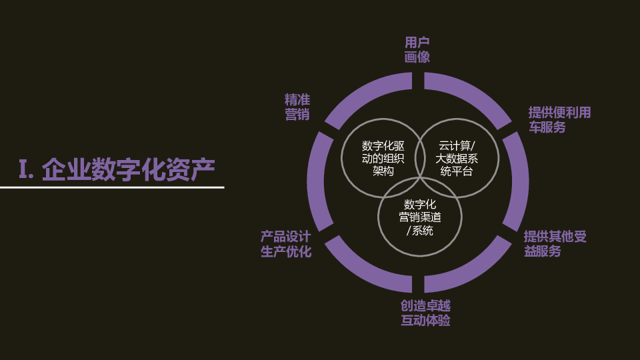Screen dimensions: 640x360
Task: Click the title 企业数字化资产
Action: [128, 169]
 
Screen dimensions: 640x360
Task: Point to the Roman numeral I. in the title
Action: [26, 169]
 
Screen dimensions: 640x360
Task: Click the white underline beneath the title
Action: [112, 188]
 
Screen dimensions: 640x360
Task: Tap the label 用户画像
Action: [417, 50]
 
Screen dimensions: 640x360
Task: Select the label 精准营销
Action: [297, 107]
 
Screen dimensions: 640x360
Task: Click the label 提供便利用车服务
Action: [559, 119]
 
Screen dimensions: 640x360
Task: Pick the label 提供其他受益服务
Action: [555, 244]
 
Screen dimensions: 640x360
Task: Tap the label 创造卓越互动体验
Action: [425, 313]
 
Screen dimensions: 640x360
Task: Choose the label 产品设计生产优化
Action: [286, 244]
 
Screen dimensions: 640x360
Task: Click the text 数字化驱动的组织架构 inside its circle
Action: [383, 159]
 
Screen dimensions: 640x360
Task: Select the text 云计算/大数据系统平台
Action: [456, 159]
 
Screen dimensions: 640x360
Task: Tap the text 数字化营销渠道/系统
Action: [419, 217]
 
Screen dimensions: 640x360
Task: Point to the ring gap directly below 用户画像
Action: [418, 81]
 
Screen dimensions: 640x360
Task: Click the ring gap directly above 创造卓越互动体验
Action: [418, 284]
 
